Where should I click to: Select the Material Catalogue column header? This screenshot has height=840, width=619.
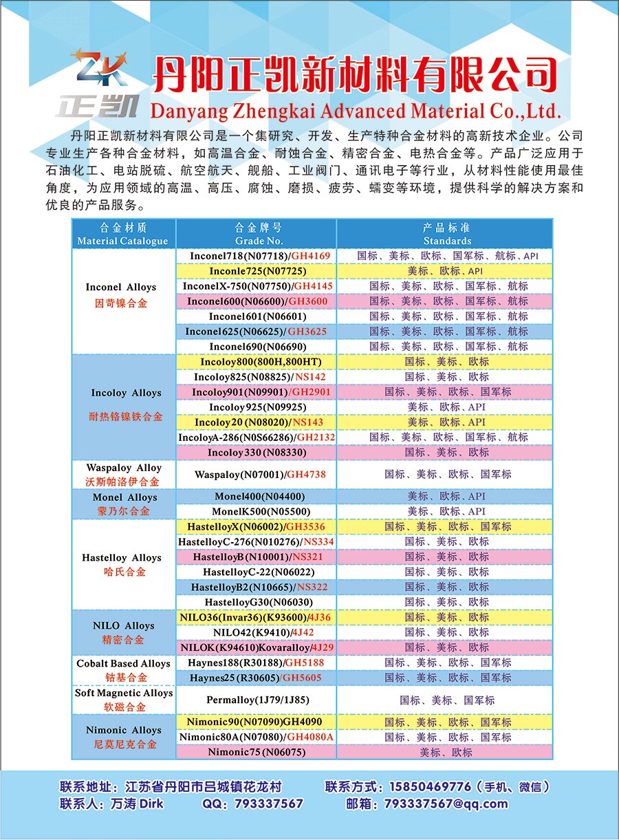tap(123, 235)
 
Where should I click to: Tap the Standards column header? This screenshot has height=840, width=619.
tap(446, 235)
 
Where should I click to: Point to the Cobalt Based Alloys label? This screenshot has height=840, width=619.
tap(124, 664)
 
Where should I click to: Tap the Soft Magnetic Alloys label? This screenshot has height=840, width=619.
tap(124, 693)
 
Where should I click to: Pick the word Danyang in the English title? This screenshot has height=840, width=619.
tap(184, 111)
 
